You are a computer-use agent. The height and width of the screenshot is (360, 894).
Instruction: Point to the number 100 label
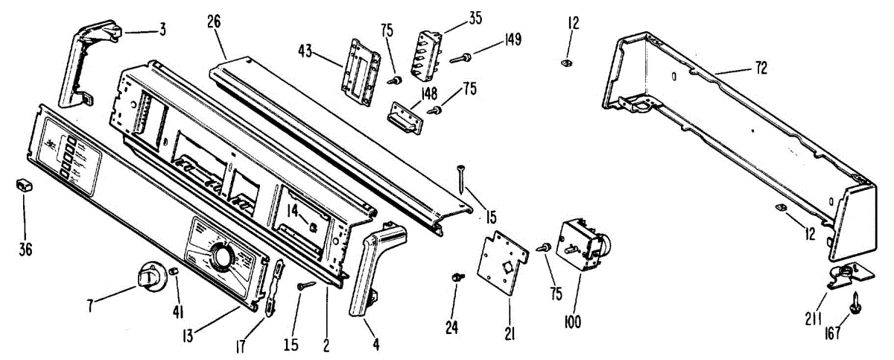tap(573, 322)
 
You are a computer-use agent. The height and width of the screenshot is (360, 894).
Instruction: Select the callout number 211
tap(813, 319)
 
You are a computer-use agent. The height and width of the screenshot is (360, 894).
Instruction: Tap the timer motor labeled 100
tap(586, 244)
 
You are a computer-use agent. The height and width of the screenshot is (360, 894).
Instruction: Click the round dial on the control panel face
tap(221, 259)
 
